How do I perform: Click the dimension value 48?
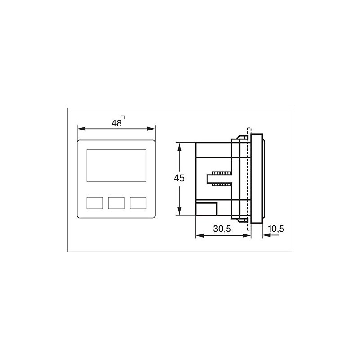117,123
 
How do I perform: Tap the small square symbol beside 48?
123,118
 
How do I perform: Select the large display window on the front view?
116,165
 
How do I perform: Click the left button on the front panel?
94,202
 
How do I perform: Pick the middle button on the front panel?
117,202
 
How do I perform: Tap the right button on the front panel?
138,202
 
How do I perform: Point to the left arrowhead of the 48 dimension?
80,129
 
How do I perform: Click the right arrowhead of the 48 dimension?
153,129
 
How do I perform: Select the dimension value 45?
179,178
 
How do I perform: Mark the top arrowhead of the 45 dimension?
180,145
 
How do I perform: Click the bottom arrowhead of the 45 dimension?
180,213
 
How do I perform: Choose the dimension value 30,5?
222,229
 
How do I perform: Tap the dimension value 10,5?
276,229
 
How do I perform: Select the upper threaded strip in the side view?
221,173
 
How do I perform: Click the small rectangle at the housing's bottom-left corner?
207,209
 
